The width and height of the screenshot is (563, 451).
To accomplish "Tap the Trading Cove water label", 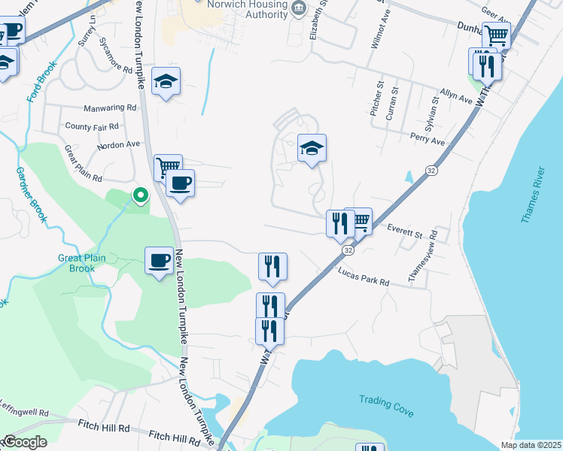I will [387, 404].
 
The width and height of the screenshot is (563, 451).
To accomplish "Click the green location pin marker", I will [140, 196].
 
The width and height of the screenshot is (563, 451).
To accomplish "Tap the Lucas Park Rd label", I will [364, 276].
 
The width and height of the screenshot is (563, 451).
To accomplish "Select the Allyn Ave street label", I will [457, 95].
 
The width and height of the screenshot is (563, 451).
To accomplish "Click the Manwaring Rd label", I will [111, 108].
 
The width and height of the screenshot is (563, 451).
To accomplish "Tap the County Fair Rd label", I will [92, 126].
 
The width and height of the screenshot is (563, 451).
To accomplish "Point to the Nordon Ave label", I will [118, 144].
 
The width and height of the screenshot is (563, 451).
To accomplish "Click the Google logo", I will [25, 442].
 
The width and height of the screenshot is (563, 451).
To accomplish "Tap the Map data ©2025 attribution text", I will [531, 445].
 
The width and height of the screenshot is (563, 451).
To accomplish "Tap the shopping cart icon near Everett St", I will [358, 221].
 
